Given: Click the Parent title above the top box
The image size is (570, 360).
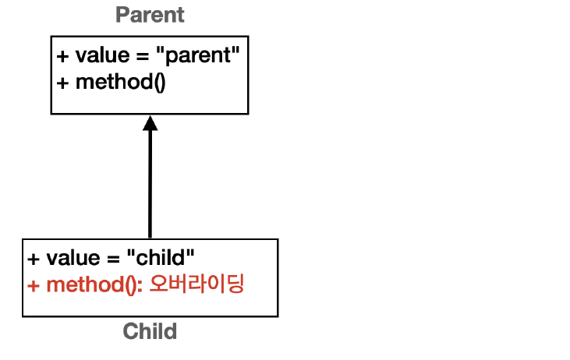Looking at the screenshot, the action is (x=150, y=15).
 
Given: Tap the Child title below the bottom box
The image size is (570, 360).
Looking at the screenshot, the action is (x=150, y=331).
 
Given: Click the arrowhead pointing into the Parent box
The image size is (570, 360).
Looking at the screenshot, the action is (x=150, y=123).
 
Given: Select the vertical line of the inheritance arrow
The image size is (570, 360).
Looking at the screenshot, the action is (x=150, y=184).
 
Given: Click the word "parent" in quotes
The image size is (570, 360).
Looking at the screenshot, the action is (x=198, y=55).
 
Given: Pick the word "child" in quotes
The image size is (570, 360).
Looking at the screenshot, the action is (x=161, y=258).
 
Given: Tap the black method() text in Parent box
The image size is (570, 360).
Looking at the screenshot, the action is (x=120, y=82).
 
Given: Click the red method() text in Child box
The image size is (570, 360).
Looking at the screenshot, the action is (x=94, y=284).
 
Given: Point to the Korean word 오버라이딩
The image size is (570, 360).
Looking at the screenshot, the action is (x=196, y=284).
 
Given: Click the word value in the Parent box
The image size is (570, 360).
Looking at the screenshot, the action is (x=102, y=55).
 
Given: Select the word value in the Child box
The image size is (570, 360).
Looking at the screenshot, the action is (x=73, y=258).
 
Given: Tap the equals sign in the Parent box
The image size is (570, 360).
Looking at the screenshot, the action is (x=143, y=57).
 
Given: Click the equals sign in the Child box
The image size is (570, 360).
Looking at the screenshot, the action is (x=113, y=259).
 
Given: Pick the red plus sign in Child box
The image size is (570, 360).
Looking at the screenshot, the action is (x=34, y=286).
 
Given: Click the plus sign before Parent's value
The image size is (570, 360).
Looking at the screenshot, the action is (x=62, y=57).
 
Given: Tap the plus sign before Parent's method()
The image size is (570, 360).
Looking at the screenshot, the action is (x=62, y=83).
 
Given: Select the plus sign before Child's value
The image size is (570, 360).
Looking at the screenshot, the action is (x=34, y=259).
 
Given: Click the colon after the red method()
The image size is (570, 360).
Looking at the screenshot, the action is (x=140, y=286).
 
